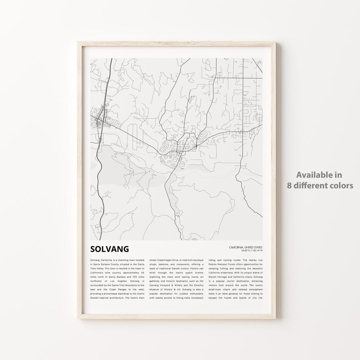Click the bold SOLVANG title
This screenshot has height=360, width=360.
coord(109,249)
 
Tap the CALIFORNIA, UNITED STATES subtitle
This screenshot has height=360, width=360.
coord(246,247)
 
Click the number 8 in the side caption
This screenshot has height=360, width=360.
coord(289,186)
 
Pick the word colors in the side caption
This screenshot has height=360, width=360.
coord(341,186)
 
